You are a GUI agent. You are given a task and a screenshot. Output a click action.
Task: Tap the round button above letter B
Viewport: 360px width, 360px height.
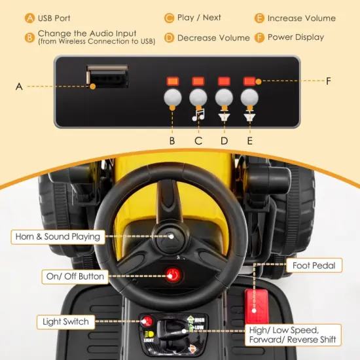click(x=172, y=97)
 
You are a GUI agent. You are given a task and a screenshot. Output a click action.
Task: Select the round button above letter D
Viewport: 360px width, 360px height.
click(x=224, y=97)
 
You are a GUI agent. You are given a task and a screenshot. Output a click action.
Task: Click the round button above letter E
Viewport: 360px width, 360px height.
click(x=249, y=97)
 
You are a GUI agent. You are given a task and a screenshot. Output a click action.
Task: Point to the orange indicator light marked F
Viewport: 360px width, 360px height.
click(x=249, y=81)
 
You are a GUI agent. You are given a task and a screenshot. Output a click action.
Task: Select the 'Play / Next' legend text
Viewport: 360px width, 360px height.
click(x=199, y=18)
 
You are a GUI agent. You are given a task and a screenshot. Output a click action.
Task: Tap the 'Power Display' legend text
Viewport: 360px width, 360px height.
click(x=295, y=37)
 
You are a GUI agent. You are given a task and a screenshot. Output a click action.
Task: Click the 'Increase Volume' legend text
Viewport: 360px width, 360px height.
click(x=301, y=18)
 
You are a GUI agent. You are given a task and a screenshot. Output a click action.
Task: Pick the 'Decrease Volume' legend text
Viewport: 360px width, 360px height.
click(x=213, y=37)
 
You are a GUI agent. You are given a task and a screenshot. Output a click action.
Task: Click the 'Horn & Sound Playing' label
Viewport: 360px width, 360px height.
click(x=58, y=236)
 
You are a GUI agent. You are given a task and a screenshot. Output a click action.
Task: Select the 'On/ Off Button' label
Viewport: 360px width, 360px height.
click(x=75, y=276)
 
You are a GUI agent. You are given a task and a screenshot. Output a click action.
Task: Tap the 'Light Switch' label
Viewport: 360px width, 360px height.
click(x=66, y=321)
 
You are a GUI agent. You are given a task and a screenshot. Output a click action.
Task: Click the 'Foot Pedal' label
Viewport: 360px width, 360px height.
click(x=314, y=266)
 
